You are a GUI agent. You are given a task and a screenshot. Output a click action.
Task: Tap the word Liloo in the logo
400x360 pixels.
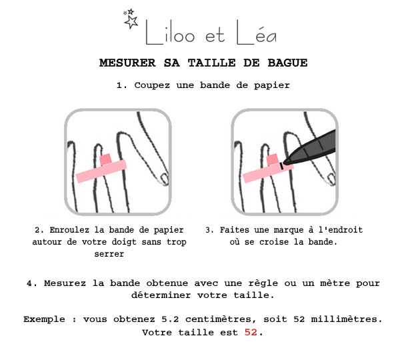click(x=170, y=33)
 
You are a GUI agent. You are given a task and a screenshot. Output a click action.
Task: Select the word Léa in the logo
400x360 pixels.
click(x=257, y=33)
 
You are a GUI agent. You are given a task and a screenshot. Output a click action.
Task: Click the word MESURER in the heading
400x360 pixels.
click(x=127, y=63)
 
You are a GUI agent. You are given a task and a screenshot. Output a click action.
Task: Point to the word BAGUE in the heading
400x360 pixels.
click(x=287, y=63)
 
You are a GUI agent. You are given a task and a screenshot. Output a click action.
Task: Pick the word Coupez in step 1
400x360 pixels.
click(x=152, y=85)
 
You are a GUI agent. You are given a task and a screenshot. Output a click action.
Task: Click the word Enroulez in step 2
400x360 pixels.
click(x=69, y=230)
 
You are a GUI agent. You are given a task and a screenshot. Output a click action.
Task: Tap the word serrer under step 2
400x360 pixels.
click(x=109, y=254)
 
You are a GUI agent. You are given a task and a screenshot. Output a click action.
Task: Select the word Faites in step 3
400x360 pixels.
click(x=234, y=230)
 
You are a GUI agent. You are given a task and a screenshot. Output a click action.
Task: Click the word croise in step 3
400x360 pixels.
click(x=274, y=242)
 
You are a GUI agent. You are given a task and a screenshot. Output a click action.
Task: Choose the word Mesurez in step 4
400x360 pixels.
click(x=65, y=283)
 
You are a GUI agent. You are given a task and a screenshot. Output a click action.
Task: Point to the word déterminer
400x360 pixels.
click(x=161, y=295)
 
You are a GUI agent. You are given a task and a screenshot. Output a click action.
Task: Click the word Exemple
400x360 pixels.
click(x=44, y=319)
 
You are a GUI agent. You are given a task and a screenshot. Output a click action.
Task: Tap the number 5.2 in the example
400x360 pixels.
click(x=170, y=319)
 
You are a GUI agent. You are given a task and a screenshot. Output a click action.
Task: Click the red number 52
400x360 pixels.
click(x=251, y=332)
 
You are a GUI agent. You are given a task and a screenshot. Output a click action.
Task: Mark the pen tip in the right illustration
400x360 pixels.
click(x=285, y=161)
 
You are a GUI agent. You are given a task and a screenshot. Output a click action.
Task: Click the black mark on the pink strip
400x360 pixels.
click(x=281, y=166)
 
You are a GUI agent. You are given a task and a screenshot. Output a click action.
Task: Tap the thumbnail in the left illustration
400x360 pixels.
click(x=164, y=179)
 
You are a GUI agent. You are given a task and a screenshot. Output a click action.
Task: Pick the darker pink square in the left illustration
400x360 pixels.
click(x=105, y=159)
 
